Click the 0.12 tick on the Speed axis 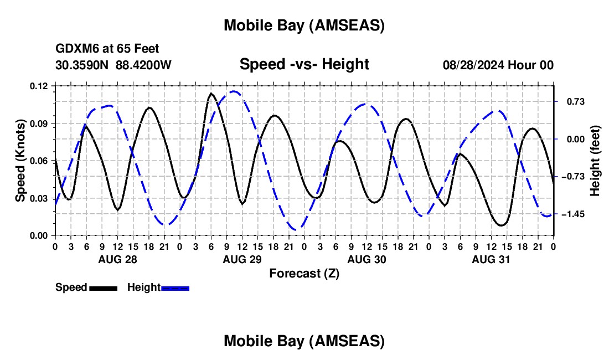(39, 86)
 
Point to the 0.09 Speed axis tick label (39, 123)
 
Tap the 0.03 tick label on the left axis (39, 198)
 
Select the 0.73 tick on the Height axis (570, 101)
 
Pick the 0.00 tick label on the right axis (570, 139)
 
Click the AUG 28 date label (117, 259)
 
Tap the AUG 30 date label (366, 259)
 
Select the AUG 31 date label (491, 259)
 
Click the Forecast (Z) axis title (304, 273)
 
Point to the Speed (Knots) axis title (20, 161)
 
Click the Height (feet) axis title (595, 161)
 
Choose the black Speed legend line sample (103, 288)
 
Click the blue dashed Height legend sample (176, 288)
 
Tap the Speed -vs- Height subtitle (304, 64)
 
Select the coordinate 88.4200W (143, 65)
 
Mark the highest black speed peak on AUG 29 (211, 94)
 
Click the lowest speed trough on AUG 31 (502, 225)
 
